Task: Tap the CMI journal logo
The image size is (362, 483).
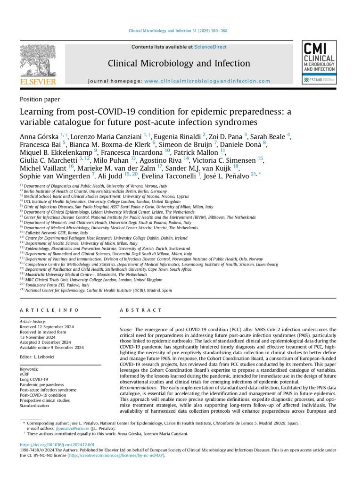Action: click(319, 63)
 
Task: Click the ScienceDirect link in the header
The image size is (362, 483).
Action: click(210, 47)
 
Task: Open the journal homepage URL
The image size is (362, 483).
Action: click(207, 81)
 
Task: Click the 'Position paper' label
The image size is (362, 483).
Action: click(40, 99)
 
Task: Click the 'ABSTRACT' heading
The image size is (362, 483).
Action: click(141, 310)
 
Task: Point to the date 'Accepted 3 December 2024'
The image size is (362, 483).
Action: click(45, 342)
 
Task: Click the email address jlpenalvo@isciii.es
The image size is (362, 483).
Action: click(72, 428)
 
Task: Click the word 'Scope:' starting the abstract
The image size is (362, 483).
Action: click(126, 329)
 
